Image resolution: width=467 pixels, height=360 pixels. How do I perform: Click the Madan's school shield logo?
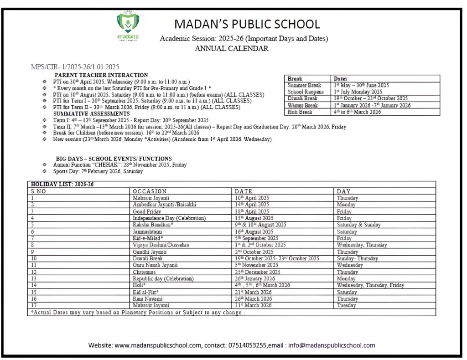(x=128, y=25)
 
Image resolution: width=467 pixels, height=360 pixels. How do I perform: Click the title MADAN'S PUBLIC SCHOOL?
(x=247, y=24)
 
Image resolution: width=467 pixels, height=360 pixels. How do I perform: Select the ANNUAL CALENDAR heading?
(x=231, y=48)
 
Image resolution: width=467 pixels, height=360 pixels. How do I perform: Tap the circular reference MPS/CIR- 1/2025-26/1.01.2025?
(x=75, y=67)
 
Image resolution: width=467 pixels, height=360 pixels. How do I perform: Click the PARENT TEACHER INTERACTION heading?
(x=101, y=75)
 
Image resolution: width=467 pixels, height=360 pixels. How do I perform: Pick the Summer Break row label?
(x=304, y=85)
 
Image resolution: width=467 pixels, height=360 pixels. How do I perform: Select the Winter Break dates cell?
(x=372, y=105)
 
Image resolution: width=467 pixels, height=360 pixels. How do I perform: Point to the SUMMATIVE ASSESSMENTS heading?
(x=91, y=113)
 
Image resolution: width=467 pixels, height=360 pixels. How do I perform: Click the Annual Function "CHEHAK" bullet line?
(x=119, y=165)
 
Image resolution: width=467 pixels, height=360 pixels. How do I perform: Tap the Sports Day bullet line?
(x=98, y=171)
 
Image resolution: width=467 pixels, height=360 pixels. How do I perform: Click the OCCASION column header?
(x=150, y=191)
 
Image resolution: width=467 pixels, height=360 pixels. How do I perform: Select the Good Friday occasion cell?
(x=146, y=211)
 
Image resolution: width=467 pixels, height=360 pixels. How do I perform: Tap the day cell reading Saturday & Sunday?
(x=358, y=225)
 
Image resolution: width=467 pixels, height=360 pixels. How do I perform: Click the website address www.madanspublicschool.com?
(x=158, y=345)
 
